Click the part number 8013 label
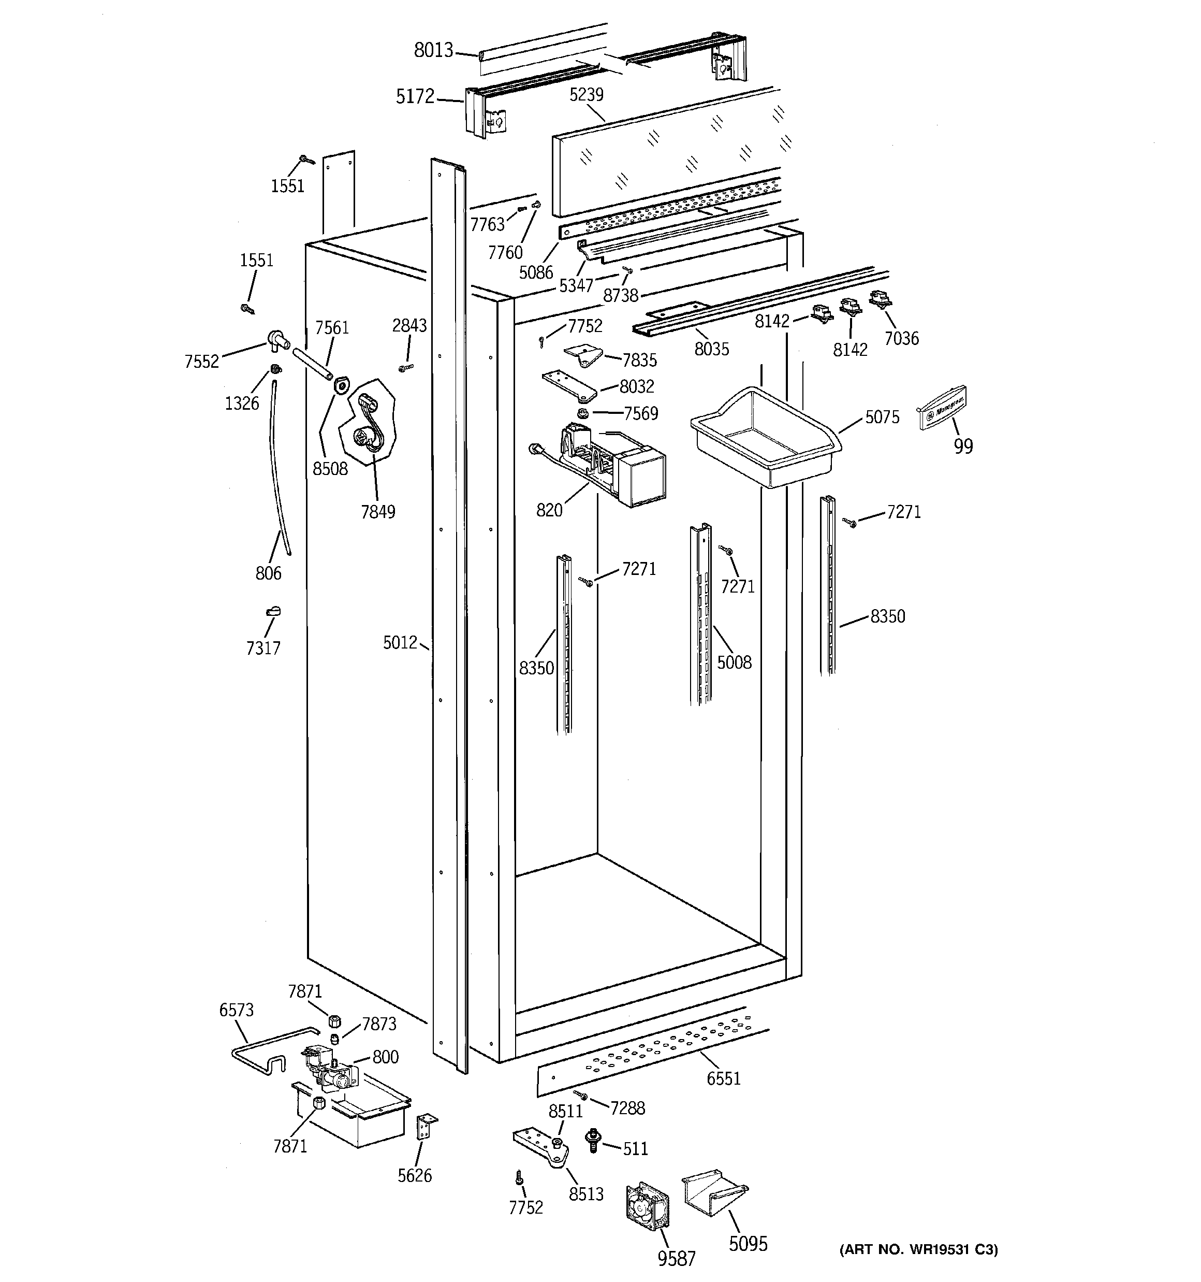click(433, 50)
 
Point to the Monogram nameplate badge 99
click(943, 407)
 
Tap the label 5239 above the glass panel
click(586, 95)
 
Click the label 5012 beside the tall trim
click(400, 642)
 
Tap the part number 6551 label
click(723, 1078)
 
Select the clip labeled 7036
click(880, 298)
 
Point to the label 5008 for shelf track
click(734, 662)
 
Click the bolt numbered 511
click(591, 1139)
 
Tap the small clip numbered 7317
click(273, 611)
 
